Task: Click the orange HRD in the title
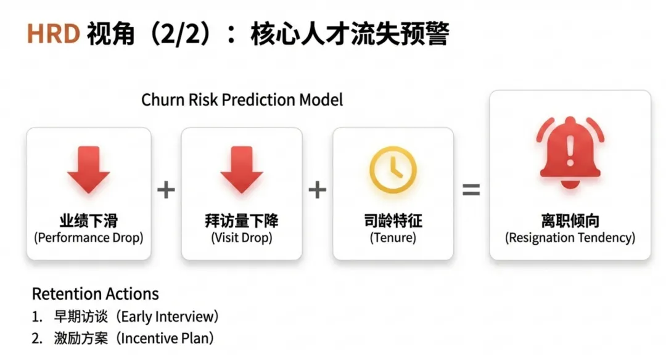click(53, 35)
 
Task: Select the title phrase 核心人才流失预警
click(349, 35)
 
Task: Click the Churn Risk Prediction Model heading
click(242, 100)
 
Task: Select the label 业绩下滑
click(89, 221)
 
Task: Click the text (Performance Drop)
click(89, 238)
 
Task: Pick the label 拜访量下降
click(242, 221)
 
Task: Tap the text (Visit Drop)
click(242, 238)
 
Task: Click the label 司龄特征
click(393, 221)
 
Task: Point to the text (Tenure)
click(393, 238)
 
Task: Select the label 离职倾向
click(570, 221)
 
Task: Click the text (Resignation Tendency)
click(570, 238)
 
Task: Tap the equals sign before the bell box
click(471, 190)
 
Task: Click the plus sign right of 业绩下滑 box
click(165, 190)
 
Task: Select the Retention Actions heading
click(95, 294)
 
